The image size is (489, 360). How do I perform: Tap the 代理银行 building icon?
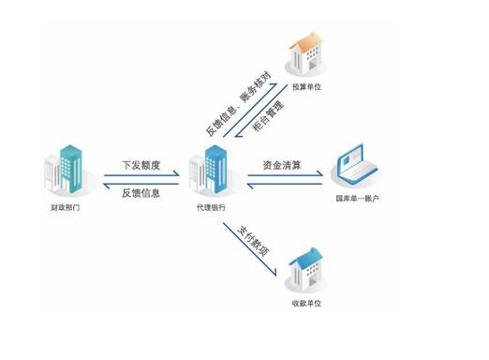click(212, 169)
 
